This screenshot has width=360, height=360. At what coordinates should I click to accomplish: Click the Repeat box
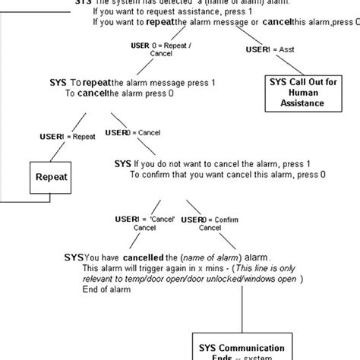click(x=52, y=178)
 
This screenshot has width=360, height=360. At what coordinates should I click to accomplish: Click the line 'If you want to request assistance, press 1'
click(x=178, y=13)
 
